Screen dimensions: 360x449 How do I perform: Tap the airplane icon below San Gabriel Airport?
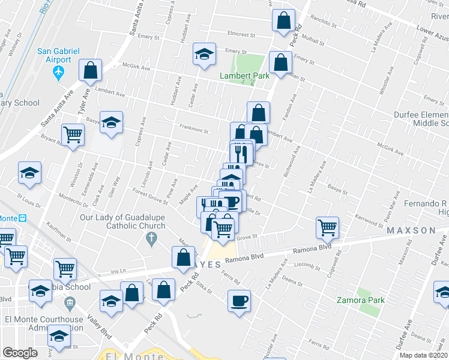[58, 73]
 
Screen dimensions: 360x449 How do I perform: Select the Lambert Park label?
[244, 76]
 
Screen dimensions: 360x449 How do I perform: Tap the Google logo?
[20, 353]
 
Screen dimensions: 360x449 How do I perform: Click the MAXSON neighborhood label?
[411, 230]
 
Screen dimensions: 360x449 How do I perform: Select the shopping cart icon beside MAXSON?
[328, 227]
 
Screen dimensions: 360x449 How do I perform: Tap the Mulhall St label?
[312, 42]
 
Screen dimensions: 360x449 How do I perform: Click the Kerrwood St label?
[368, 220]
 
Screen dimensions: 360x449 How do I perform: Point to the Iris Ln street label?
[121, 271]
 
